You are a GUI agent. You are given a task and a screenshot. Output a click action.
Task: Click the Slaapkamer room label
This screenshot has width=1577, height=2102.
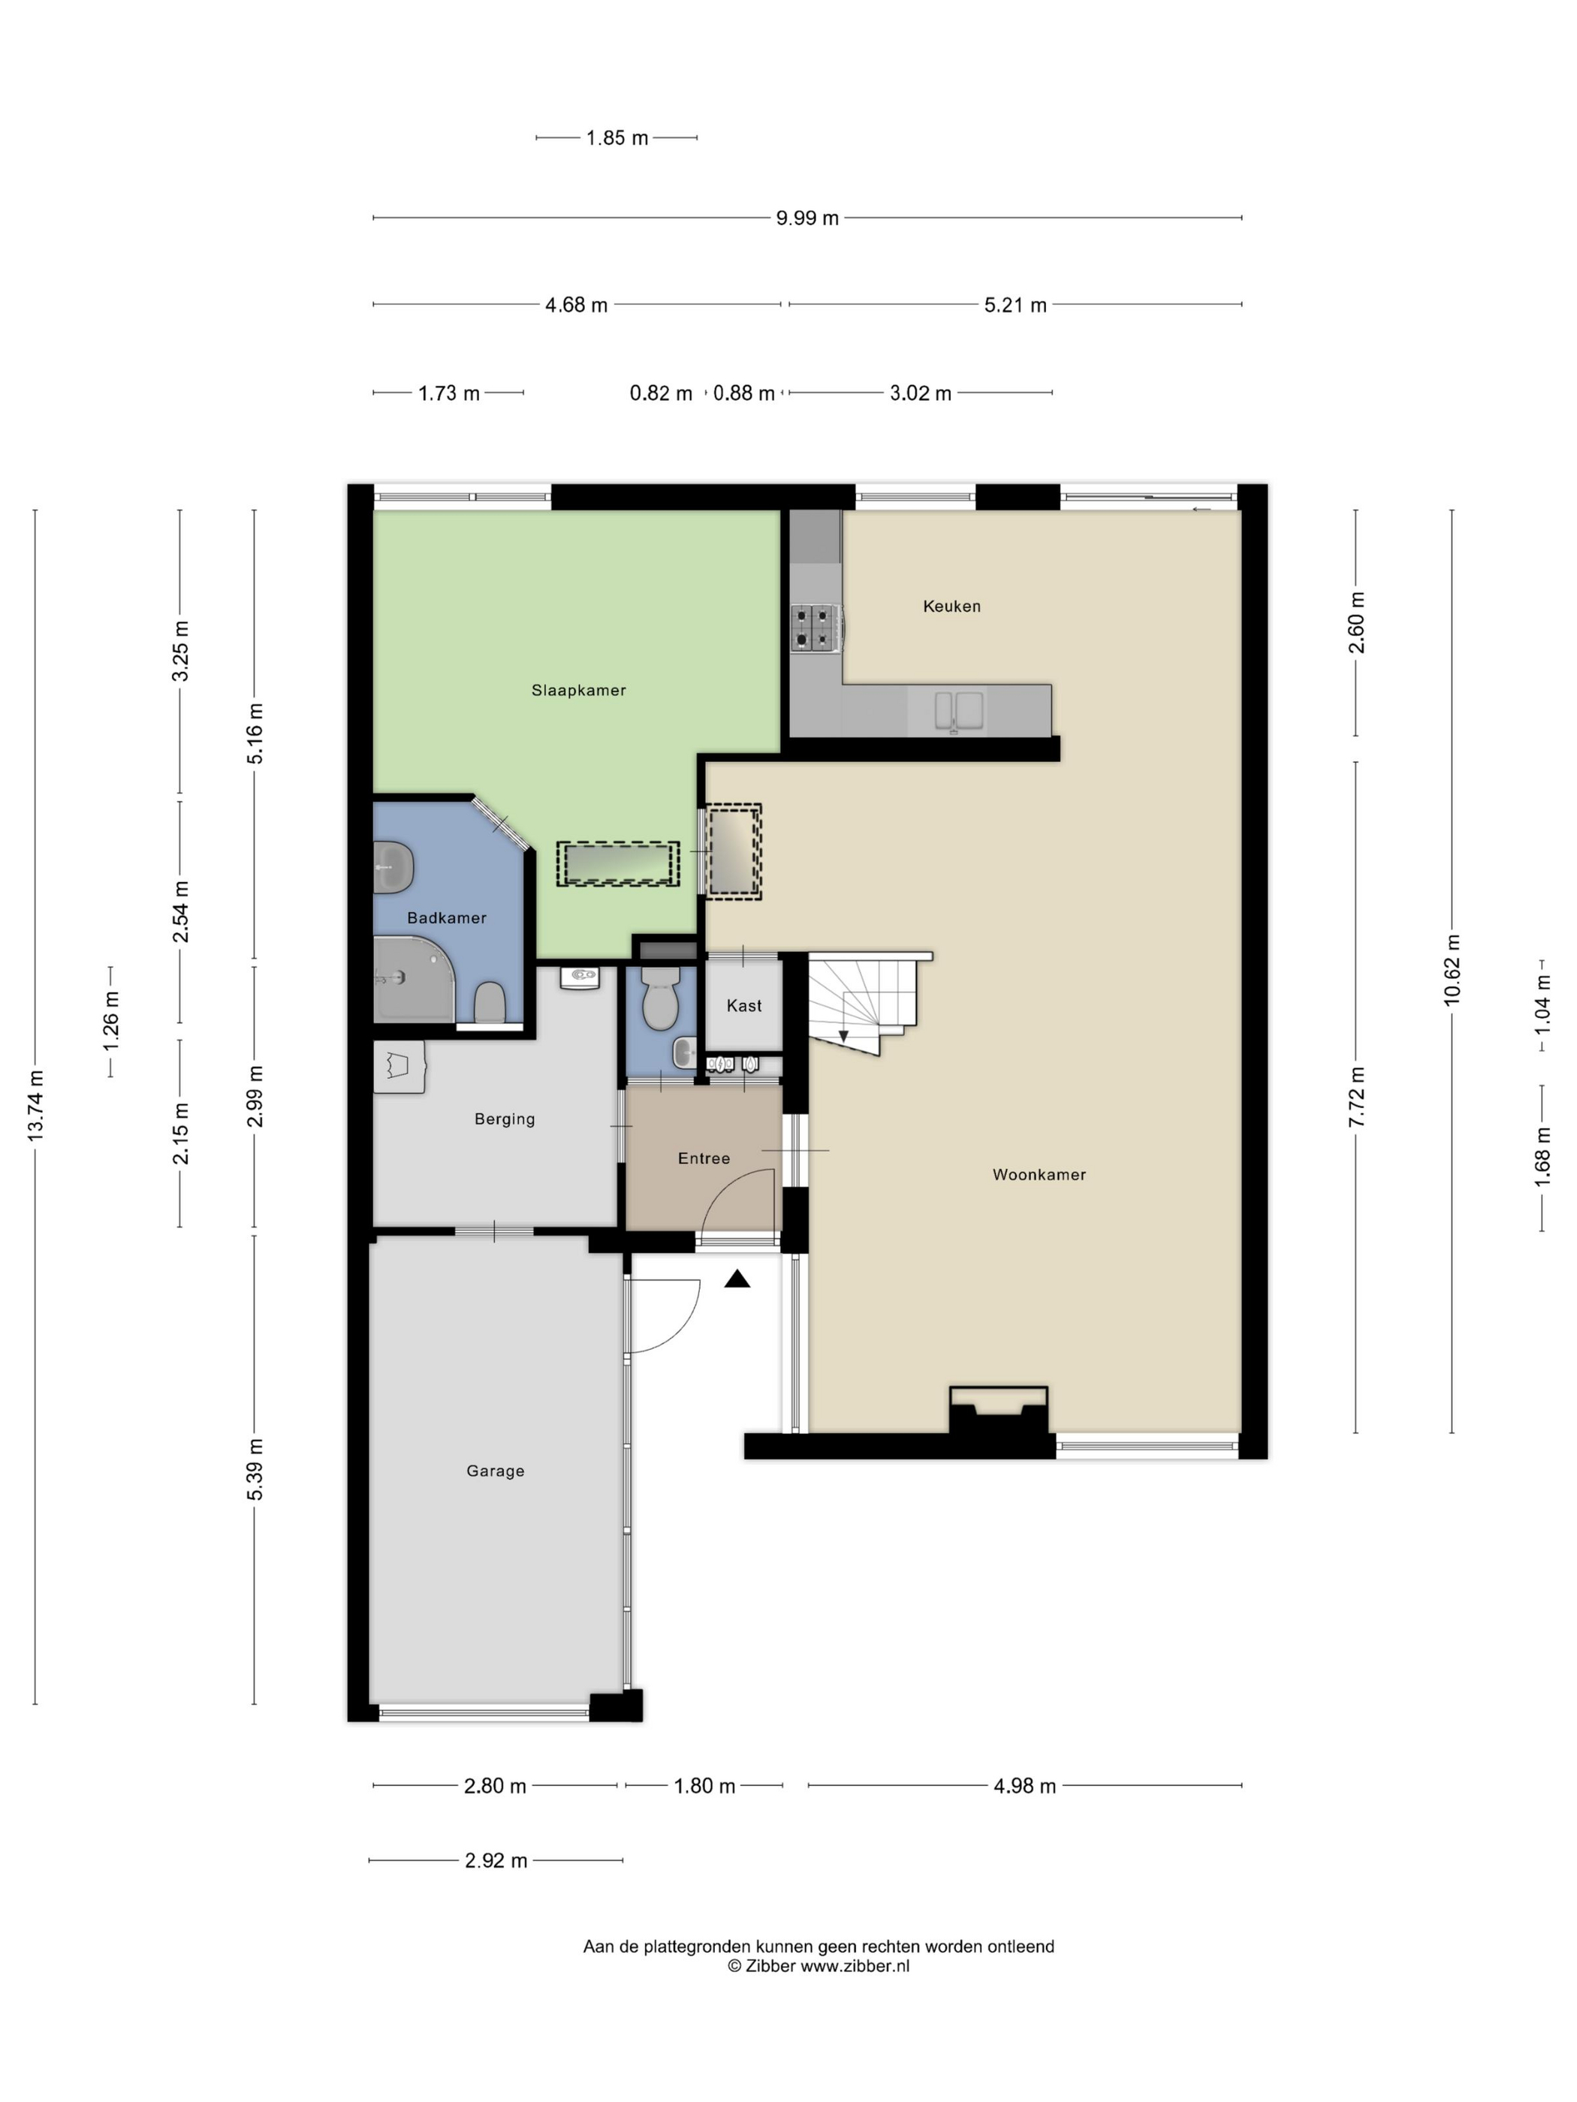click(x=578, y=690)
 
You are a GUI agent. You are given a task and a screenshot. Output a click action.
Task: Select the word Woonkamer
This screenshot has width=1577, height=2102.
click(x=1038, y=1175)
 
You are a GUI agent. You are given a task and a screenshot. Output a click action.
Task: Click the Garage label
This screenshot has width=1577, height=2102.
click(x=494, y=1471)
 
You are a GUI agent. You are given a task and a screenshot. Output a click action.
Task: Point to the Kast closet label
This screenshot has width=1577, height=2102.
click(x=743, y=1005)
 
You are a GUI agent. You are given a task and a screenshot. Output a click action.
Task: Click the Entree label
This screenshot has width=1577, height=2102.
click(x=704, y=1158)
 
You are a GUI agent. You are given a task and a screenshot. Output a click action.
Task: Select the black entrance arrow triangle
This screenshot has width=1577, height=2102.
click(x=737, y=1280)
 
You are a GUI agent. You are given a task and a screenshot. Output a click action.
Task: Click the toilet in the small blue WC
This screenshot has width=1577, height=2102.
click(x=659, y=1000)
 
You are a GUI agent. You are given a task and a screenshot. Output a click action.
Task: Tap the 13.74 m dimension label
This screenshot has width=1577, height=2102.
click(x=35, y=1105)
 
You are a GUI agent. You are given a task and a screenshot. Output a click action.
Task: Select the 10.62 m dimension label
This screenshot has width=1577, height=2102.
click(x=1451, y=970)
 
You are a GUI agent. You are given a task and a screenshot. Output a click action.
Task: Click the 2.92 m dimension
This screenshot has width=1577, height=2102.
click(x=495, y=1860)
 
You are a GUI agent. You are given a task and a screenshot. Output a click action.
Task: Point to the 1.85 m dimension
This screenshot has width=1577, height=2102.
click(x=616, y=138)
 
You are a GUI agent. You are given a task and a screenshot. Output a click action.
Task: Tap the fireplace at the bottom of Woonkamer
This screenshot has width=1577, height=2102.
click(x=997, y=1409)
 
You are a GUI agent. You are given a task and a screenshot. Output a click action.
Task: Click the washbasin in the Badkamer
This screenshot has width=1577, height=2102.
click(x=392, y=868)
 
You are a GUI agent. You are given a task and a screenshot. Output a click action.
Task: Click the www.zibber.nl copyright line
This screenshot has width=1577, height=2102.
click(x=818, y=1966)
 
